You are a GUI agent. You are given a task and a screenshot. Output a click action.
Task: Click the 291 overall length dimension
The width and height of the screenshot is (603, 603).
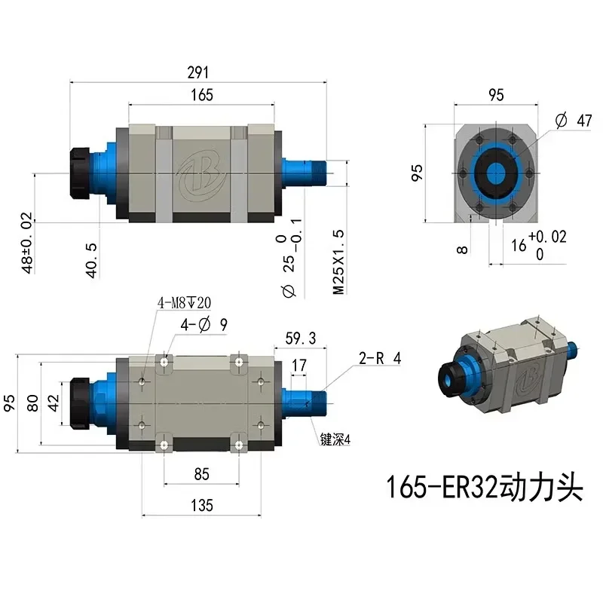click(198, 72)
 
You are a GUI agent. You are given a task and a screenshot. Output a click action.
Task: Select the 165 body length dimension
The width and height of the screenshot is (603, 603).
click(202, 95)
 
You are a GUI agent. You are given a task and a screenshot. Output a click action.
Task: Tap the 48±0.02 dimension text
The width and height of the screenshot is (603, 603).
click(28, 243)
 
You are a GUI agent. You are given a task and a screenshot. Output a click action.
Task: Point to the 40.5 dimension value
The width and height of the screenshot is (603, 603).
click(92, 260)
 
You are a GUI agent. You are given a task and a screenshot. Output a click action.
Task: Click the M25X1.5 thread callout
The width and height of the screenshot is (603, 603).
click(339, 262)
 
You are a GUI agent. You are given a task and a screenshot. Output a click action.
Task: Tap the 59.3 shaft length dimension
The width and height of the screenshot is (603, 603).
click(301, 336)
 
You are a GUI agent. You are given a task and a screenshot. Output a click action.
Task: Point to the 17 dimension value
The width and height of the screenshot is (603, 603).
click(298, 365)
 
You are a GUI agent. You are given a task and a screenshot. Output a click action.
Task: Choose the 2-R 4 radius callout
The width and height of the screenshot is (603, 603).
click(379, 359)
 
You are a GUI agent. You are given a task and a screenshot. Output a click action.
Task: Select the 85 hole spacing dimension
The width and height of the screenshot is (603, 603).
click(201, 474)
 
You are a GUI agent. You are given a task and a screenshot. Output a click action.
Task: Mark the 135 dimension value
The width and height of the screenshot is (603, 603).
click(201, 504)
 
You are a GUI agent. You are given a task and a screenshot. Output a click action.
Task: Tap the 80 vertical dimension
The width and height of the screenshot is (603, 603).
click(32, 403)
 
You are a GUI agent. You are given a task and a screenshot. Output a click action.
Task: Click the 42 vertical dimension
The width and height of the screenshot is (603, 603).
click(53, 403)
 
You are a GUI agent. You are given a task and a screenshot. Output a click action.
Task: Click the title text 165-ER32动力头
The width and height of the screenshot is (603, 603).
click(485, 488)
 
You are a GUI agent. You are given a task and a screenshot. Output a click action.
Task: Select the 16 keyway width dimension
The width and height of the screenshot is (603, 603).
click(519, 245)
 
